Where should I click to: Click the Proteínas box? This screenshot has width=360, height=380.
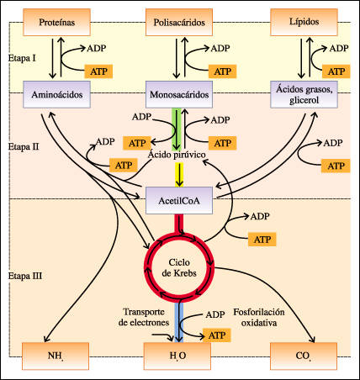point(56,22)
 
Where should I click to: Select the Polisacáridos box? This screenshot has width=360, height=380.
point(179,22)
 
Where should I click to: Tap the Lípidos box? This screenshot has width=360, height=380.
point(304,22)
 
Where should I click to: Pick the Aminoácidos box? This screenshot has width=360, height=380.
point(56,94)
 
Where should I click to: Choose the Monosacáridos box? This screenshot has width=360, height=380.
point(179,94)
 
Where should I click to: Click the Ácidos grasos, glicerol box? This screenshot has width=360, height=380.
point(304,94)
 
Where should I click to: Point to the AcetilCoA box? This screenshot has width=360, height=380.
point(179,201)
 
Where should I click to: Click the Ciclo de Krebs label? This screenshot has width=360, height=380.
point(179,268)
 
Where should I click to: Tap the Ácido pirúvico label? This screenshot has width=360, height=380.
point(177,155)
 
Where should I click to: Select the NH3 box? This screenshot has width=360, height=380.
point(56,356)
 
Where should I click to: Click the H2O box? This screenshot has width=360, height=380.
point(177,356)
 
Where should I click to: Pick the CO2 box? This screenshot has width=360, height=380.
point(304,356)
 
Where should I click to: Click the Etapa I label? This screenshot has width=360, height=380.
point(22,58)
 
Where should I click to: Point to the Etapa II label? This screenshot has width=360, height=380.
point(24,146)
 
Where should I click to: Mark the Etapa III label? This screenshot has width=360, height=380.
point(25,276)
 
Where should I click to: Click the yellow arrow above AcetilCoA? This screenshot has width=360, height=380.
point(179,175)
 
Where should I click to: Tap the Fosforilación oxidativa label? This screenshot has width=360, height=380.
point(259,317)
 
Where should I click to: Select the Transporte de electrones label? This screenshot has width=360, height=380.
point(144,317)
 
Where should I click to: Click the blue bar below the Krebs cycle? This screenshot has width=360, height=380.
point(179,322)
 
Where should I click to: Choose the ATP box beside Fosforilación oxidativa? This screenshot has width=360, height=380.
point(217,335)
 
